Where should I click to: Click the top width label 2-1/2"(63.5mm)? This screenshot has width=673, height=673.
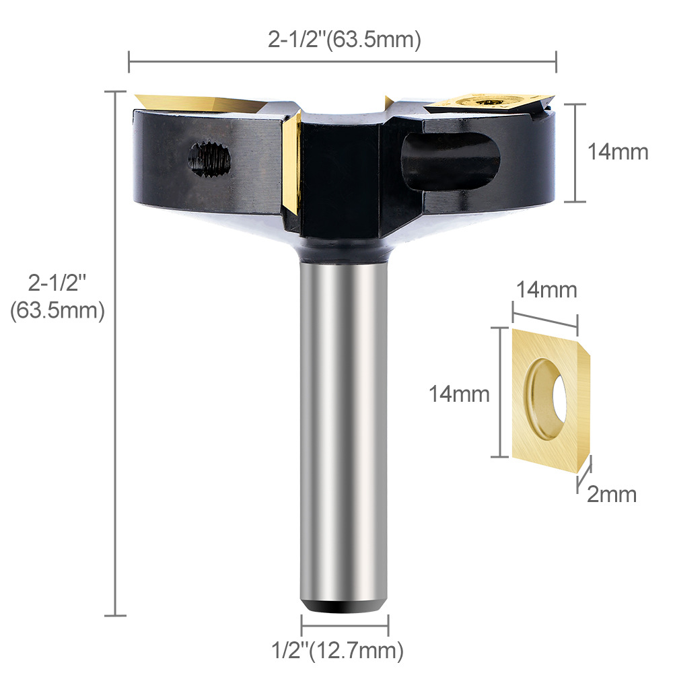(x=344, y=40)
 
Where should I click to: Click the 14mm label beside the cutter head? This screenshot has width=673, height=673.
(x=617, y=152)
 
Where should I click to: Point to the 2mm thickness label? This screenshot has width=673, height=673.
(x=611, y=495)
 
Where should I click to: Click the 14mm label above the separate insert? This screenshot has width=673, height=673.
(x=546, y=290)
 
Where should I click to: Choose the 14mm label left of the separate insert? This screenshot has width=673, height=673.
(x=460, y=394)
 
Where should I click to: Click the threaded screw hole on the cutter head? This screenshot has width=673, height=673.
(x=209, y=159)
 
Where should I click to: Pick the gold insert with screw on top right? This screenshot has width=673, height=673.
(x=488, y=101)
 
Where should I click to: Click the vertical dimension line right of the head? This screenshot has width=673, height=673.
(x=573, y=153)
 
